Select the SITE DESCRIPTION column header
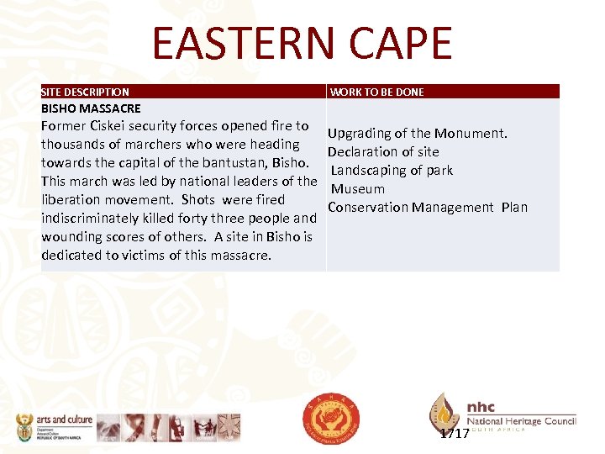[86, 92]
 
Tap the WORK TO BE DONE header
[377, 92]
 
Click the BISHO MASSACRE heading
[91, 108]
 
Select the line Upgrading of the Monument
[417, 133]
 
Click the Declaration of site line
[383, 151]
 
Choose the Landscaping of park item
[392, 170]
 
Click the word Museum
[358, 188]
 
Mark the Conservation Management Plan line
[428, 207]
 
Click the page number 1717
[455, 434]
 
